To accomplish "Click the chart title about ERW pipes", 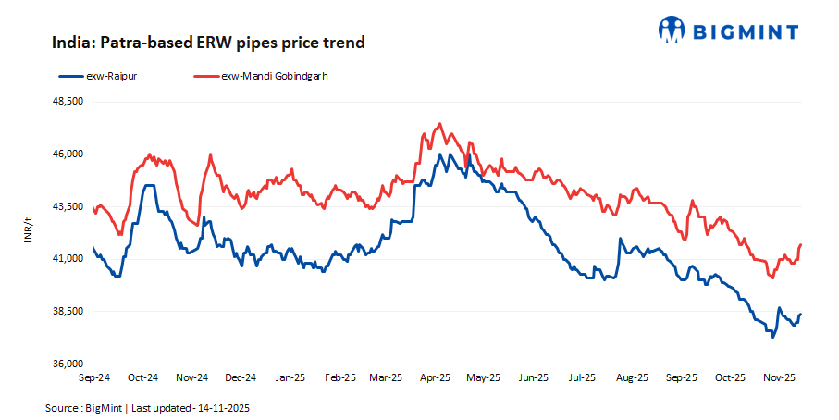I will pyautogui.click(x=208, y=43).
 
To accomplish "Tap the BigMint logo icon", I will pyautogui.click(x=672, y=30).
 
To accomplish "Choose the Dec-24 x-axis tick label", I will pyautogui.click(x=241, y=377).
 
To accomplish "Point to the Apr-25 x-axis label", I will pyautogui.click(x=435, y=377).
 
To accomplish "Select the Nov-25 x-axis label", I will pyautogui.click(x=780, y=377).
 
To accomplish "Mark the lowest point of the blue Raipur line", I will pyautogui.click(x=772, y=337).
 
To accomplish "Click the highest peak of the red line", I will pyautogui.click(x=440, y=123).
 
